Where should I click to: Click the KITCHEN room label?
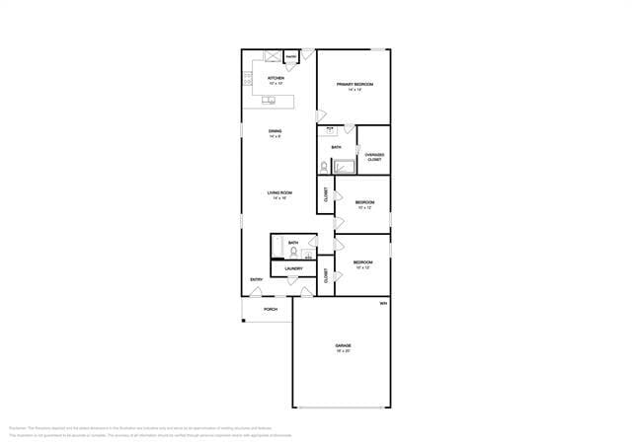pyautogui.click(x=276, y=78)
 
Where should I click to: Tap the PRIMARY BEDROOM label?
pyautogui.click(x=355, y=85)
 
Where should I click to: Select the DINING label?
pyautogui.click(x=276, y=131)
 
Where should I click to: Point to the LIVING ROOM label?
pyautogui.click(x=279, y=192)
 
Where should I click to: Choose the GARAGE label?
pyautogui.click(x=343, y=345)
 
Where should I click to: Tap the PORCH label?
pyautogui.click(x=271, y=309)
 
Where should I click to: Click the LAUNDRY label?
pyautogui.click(x=293, y=268)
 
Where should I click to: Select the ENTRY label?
pyautogui.click(x=257, y=279)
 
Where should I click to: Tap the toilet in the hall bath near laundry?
pyautogui.click(x=293, y=252)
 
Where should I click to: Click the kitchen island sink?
pyautogui.click(x=269, y=100)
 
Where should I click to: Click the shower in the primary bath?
pyautogui.click(x=344, y=165)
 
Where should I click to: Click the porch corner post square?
pyautogui.click(x=244, y=319)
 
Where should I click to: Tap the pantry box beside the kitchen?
pyautogui.click(x=291, y=58)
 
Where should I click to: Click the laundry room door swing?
pyautogui.click(x=291, y=281)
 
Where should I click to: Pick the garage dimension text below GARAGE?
pyautogui.click(x=343, y=351)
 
